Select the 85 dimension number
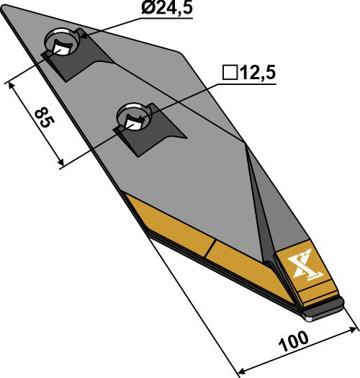coord(41,117)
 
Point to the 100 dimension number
coord(294,339)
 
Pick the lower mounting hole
coord(134,116)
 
